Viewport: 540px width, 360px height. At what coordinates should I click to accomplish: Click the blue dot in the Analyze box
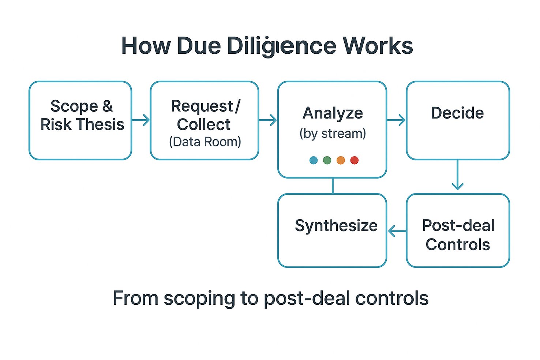pyautogui.click(x=314, y=160)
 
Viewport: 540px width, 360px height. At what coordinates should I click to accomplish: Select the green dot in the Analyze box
pyautogui.click(x=327, y=160)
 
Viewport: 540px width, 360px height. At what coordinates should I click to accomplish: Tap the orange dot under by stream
pyautogui.click(x=341, y=160)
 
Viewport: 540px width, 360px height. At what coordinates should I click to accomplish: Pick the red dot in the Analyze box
pyautogui.click(x=355, y=160)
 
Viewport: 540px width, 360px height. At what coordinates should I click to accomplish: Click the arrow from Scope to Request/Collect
pyautogui.click(x=141, y=120)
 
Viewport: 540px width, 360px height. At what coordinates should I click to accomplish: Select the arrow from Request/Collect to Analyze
pyautogui.click(x=268, y=120)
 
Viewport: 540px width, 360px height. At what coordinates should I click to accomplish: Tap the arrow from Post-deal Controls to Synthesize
pyautogui.click(x=397, y=231)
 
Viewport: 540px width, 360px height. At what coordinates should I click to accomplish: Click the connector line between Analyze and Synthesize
pyautogui.click(x=333, y=186)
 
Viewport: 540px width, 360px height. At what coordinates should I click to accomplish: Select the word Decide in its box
pyautogui.click(x=457, y=113)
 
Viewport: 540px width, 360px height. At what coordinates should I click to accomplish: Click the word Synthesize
pyautogui.click(x=336, y=226)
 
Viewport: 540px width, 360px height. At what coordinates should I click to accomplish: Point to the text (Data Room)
pyautogui.click(x=205, y=142)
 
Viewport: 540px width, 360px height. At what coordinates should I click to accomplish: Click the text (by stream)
pyautogui.click(x=333, y=134)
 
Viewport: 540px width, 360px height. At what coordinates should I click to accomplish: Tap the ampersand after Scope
pyautogui.click(x=108, y=106)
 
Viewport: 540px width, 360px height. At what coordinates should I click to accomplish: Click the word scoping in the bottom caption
pyautogui.click(x=199, y=299)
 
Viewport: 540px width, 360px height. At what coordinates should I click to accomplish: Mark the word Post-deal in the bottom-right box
pyautogui.click(x=458, y=225)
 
